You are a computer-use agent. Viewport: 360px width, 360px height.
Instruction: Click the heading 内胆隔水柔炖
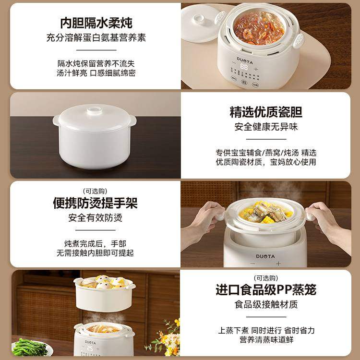coord(96,23)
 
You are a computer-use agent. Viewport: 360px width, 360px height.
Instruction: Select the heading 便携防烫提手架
coord(95,203)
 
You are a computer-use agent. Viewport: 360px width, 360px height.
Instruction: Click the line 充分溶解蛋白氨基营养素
coord(96,37)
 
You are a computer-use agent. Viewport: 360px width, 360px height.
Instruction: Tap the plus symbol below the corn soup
coord(278,263)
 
